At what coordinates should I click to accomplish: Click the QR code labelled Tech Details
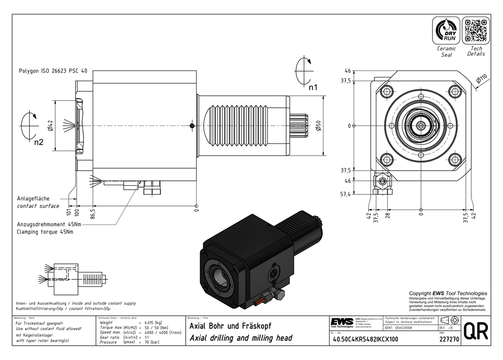[476, 31]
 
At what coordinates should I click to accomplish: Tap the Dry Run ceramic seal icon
[447, 31]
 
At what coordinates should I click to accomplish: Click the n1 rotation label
[313, 87]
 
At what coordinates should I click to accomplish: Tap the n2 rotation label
[39, 142]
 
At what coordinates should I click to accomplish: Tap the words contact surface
[38, 206]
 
